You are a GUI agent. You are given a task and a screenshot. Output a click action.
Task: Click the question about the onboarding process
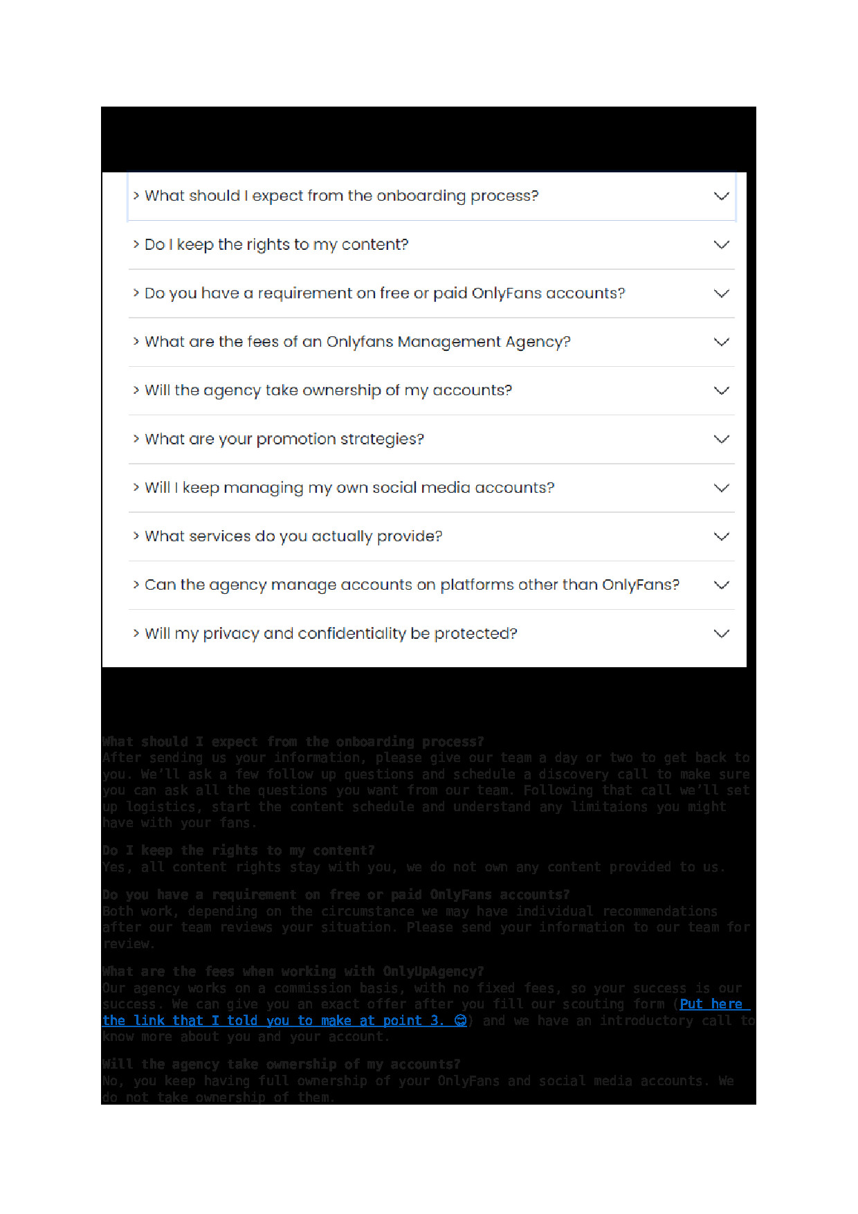coord(341,196)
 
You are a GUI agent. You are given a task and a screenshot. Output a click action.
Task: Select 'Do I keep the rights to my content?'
coord(276,245)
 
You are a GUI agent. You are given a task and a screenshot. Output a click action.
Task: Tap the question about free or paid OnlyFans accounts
coord(384,293)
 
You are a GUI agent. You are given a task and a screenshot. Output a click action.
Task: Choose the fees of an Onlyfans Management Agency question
coord(357,342)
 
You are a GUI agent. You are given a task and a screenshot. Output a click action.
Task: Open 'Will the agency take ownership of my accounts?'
coord(328,390)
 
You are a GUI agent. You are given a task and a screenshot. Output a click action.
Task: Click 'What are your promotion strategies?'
coord(284,440)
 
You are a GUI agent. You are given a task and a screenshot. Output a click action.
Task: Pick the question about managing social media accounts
coord(349,488)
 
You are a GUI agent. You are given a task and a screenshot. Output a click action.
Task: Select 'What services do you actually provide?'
coord(293,536)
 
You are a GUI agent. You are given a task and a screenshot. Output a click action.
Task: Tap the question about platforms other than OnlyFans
coord(412,585)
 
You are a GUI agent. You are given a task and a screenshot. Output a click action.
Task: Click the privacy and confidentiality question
coord(330,634)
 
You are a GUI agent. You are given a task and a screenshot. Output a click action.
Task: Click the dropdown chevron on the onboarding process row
coord(722,196)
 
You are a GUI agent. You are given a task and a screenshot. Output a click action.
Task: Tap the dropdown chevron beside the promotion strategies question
coord(722,440)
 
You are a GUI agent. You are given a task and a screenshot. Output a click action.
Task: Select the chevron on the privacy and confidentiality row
coord(722,634)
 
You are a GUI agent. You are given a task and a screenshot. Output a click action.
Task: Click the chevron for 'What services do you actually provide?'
coord(722,536)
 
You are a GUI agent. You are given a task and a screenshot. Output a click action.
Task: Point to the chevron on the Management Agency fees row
coord(722,342)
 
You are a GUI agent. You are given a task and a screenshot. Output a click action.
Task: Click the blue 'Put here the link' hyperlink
coord(277,1021)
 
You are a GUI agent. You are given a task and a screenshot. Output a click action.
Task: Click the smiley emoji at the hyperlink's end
coord(460,1021)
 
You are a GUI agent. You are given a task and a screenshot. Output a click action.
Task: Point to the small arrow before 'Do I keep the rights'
coord(136,245)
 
